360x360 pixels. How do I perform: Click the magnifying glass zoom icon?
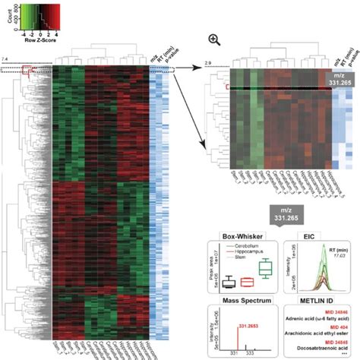tap(215, 39)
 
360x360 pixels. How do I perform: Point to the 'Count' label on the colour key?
tap(7, 17)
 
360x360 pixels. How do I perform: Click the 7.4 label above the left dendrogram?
tap(6, 59)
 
